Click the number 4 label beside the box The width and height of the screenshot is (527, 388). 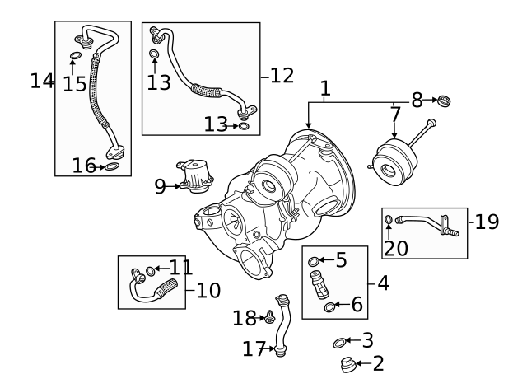pyautogui.click(x=381, y=283)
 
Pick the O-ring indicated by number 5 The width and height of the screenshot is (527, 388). pyautogui.click(x=315, y=262)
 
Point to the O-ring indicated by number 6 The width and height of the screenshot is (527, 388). pyautogui.click(x=329, y=306)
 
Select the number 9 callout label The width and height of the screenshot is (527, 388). pyautogui.click(x=160, y=187)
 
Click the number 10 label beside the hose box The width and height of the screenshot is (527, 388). pyautogui.click(x=208, y=290)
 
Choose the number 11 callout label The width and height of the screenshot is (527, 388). pyautogui.click(x=180, y=267)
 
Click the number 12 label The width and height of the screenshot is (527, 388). pyautogui.click(x=281, y=76)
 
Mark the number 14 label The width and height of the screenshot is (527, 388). pyautogui.click(x=41, y=81)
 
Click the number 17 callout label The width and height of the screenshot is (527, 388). pyautogui.click(x=253, y=349)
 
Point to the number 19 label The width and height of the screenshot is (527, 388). pyautogui.click(x=487, y=222)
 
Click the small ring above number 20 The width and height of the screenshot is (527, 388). pyautogui.click(x=389, y=220)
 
